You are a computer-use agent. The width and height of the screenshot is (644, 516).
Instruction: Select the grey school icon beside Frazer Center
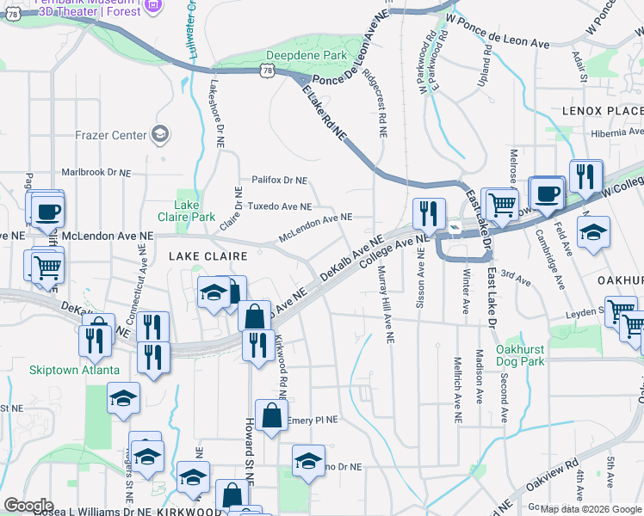pyautogui.click(x=159, y=134)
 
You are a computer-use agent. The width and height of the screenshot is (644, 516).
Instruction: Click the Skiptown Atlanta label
pyautogui.click(x=74, y=370)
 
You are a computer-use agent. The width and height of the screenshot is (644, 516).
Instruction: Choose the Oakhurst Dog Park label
pyautogui.click(x=520, y=356)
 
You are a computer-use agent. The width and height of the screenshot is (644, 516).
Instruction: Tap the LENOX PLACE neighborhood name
pyautogui.click(x=603, y=112)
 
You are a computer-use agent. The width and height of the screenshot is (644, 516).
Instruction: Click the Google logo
pyautogui.click(x=28, y=506)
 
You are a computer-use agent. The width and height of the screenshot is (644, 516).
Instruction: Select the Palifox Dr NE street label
pyautogui.click(x=279, y=181)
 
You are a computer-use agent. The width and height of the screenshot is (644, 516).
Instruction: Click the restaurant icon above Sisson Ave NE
pyautogui.click(x=429, y=213)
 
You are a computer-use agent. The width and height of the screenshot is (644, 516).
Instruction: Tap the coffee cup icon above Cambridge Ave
pyautogui.click(x=546, y=193)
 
